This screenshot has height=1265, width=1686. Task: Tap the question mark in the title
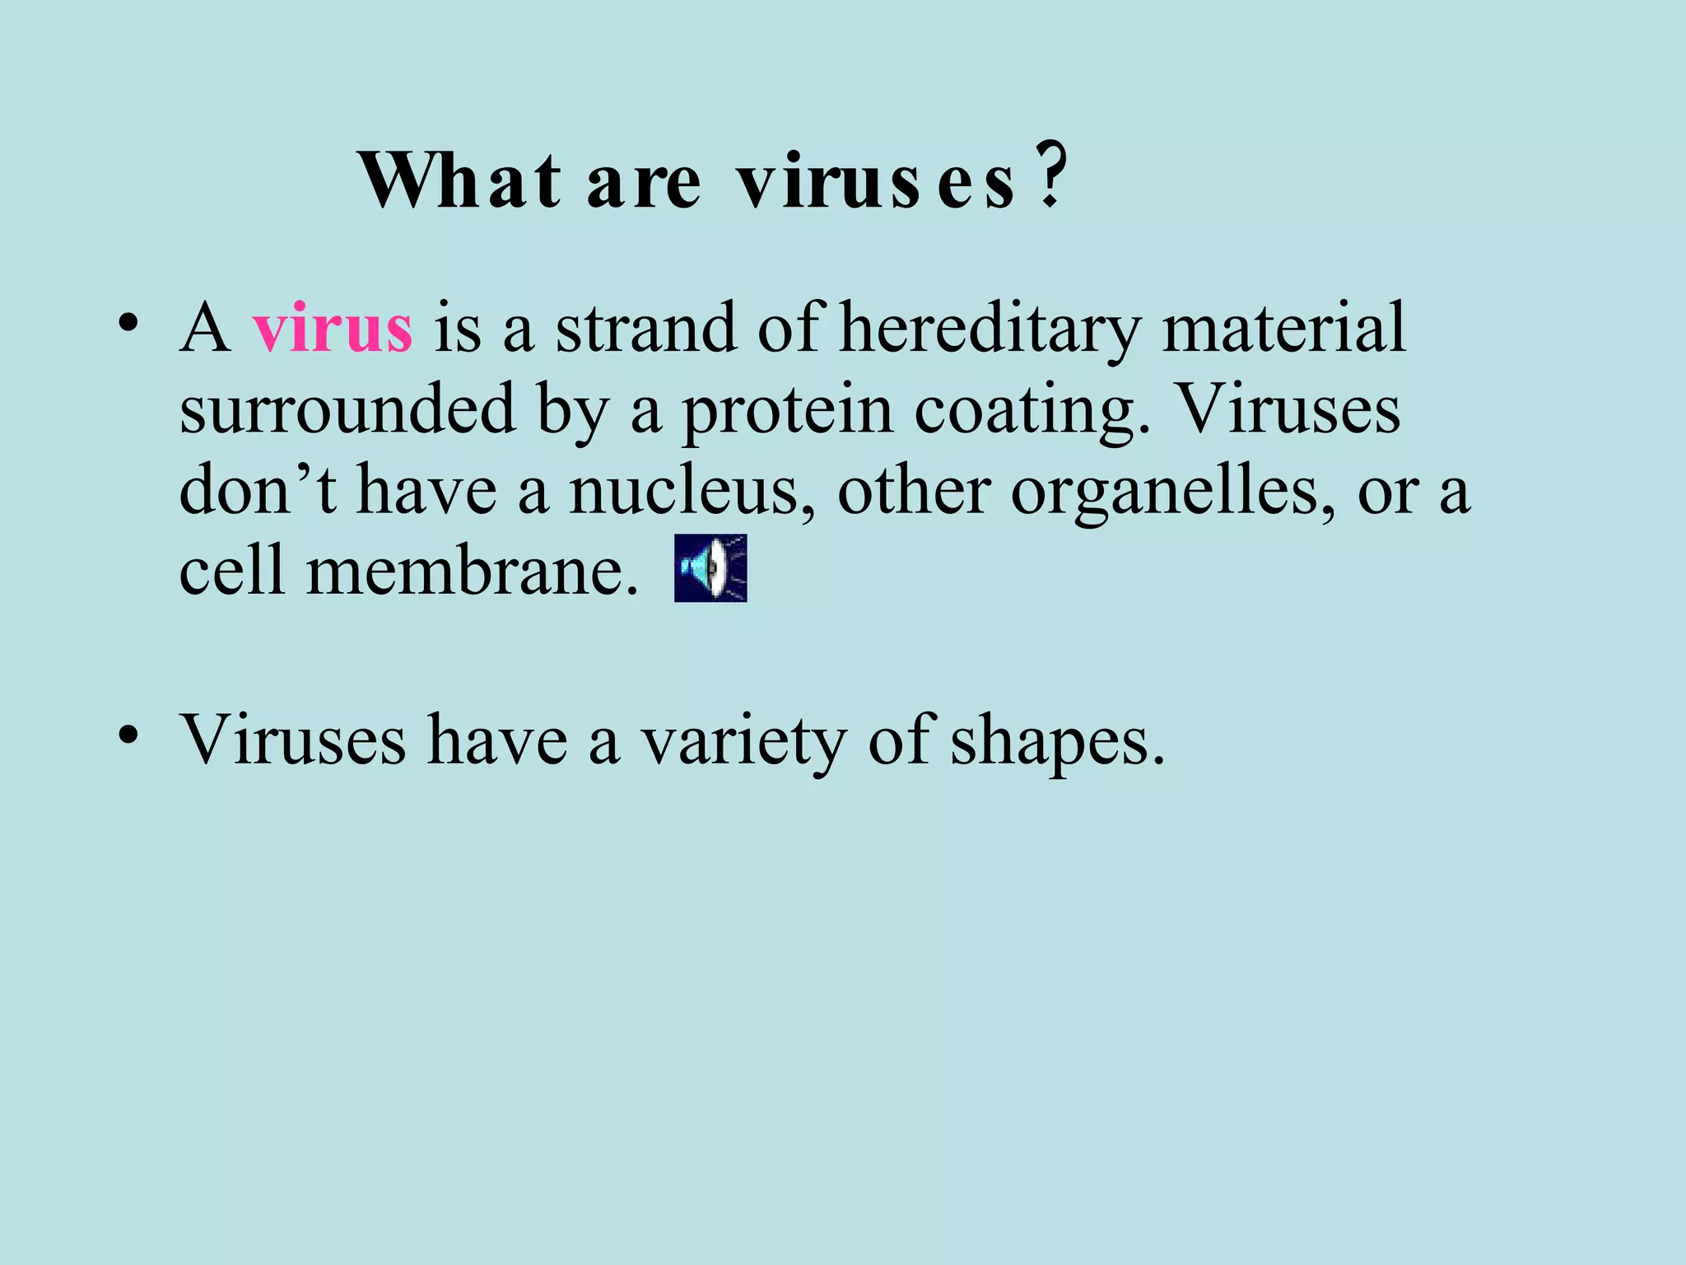[x=1051, y=177]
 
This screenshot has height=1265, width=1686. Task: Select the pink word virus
[x=333, y=329]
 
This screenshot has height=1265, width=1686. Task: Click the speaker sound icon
[x=710, y=568]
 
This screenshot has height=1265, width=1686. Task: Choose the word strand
[x=645, y=329]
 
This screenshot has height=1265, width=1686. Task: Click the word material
[x=1283, y=329]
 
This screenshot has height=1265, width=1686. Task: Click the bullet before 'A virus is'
[x=127, y=322]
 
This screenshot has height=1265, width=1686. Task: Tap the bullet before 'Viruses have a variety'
[x=127, y=733]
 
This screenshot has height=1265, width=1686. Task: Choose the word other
[x=914, y=491]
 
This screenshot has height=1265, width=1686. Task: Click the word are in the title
[x=644, y=183]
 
